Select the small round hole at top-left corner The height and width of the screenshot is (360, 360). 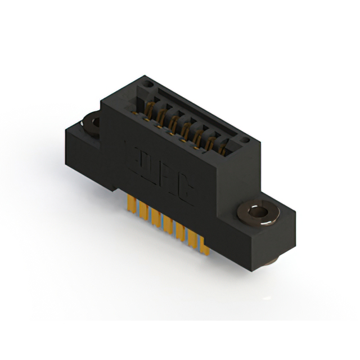[150, 84]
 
